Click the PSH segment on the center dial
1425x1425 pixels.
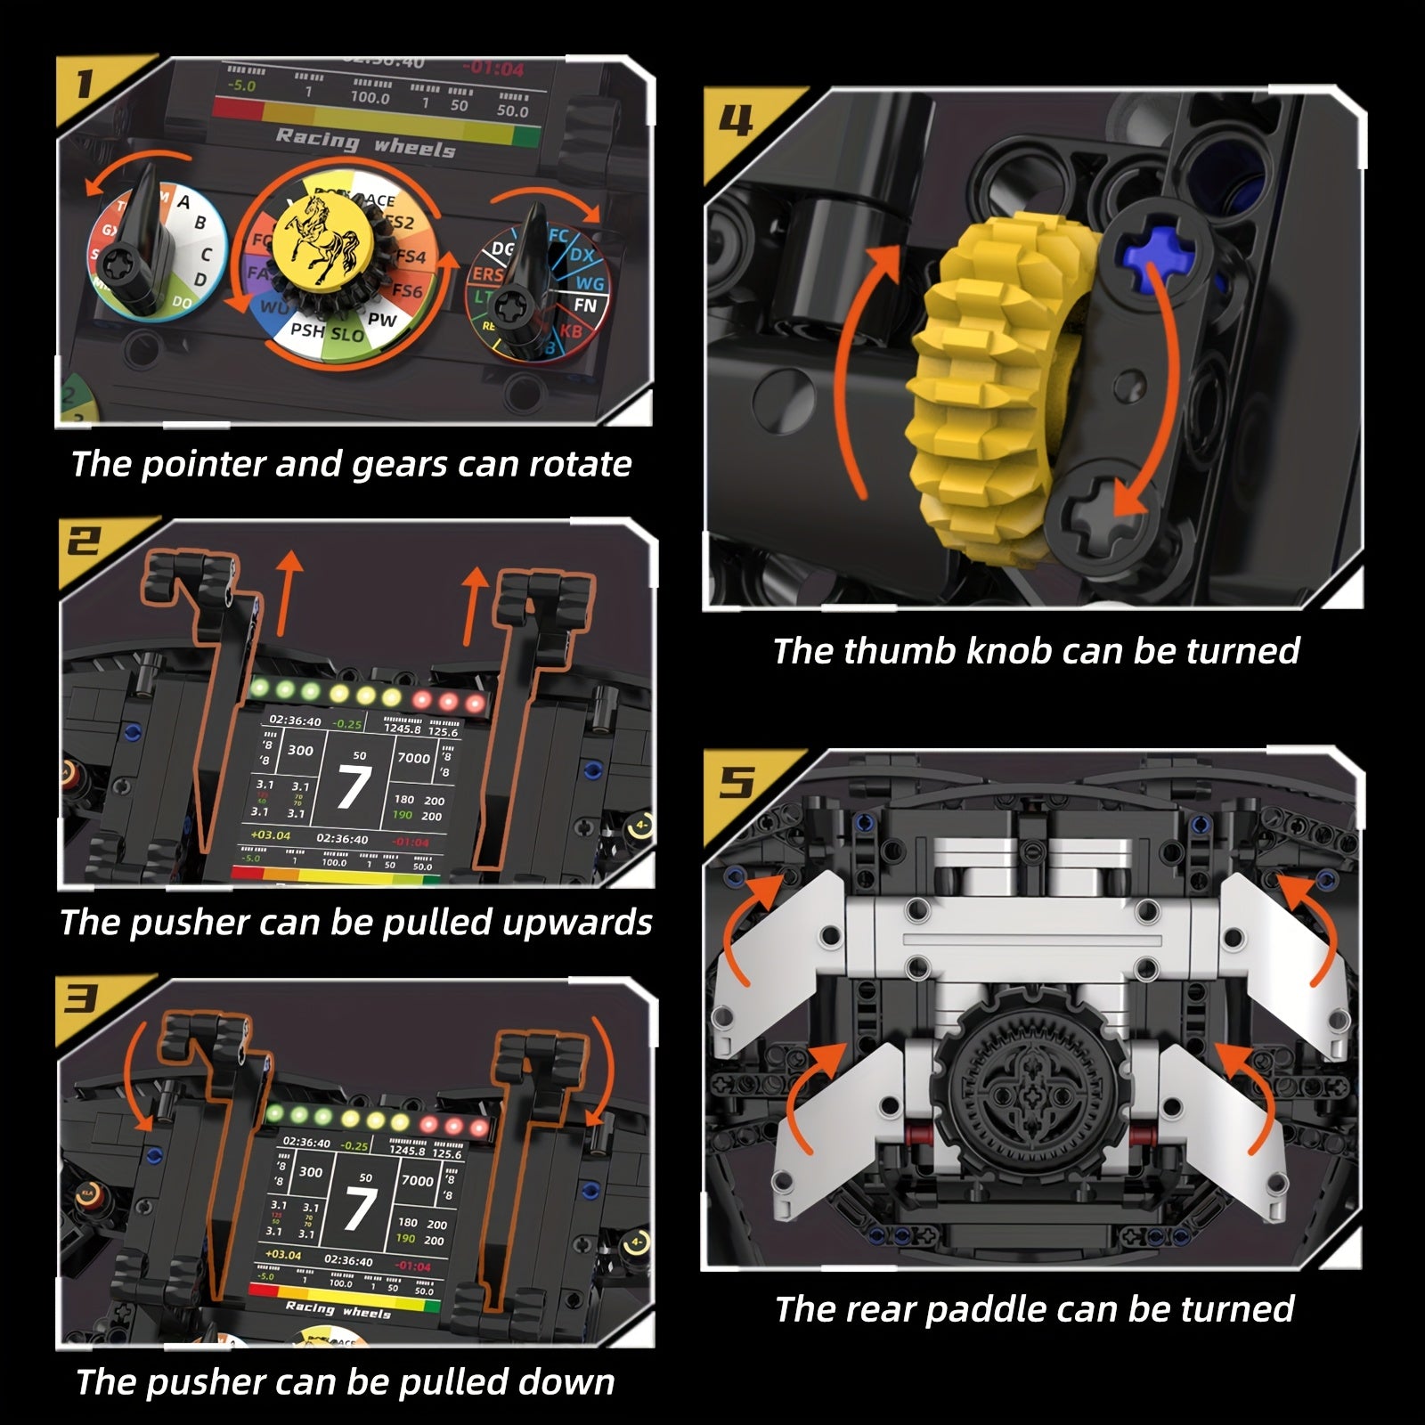(307, 330)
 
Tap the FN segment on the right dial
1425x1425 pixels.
(585, 305)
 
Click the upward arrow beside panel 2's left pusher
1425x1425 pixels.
(287, 592)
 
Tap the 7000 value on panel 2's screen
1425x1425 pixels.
(413, 758)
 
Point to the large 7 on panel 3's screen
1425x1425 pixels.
(361, 1209)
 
